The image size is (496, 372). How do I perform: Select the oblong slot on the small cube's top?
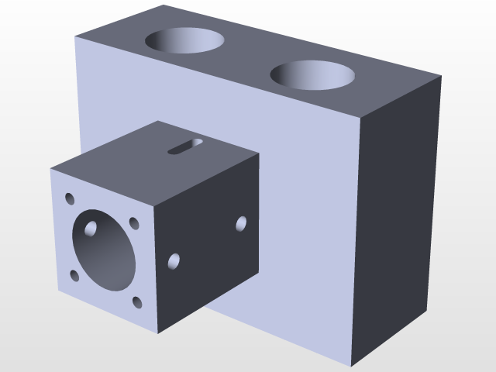pyautogui.click(x=185, y=146)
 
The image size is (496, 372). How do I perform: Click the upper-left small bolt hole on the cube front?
pyautogui.click(x=70, y=198)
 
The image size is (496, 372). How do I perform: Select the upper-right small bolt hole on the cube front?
pyautogui.click(x=135, y=223)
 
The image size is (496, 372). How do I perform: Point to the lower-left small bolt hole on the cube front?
pyautogui.click(x=74, y=274)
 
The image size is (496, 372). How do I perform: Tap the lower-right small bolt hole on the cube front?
pyautogui.click(x=137, y=303)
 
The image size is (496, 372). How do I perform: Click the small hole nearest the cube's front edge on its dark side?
pyautogui.click(x=174, y=261)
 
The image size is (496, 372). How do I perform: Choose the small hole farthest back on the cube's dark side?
pyautogui.click(x=241, y=224)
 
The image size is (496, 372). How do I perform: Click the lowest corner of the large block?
pyautogui.click(x=353, y=366)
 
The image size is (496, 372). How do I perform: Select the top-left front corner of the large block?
pyautogui.click(x=76, y=36)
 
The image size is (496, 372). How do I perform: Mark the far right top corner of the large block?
pyautogui.click(x=441, y=76)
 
